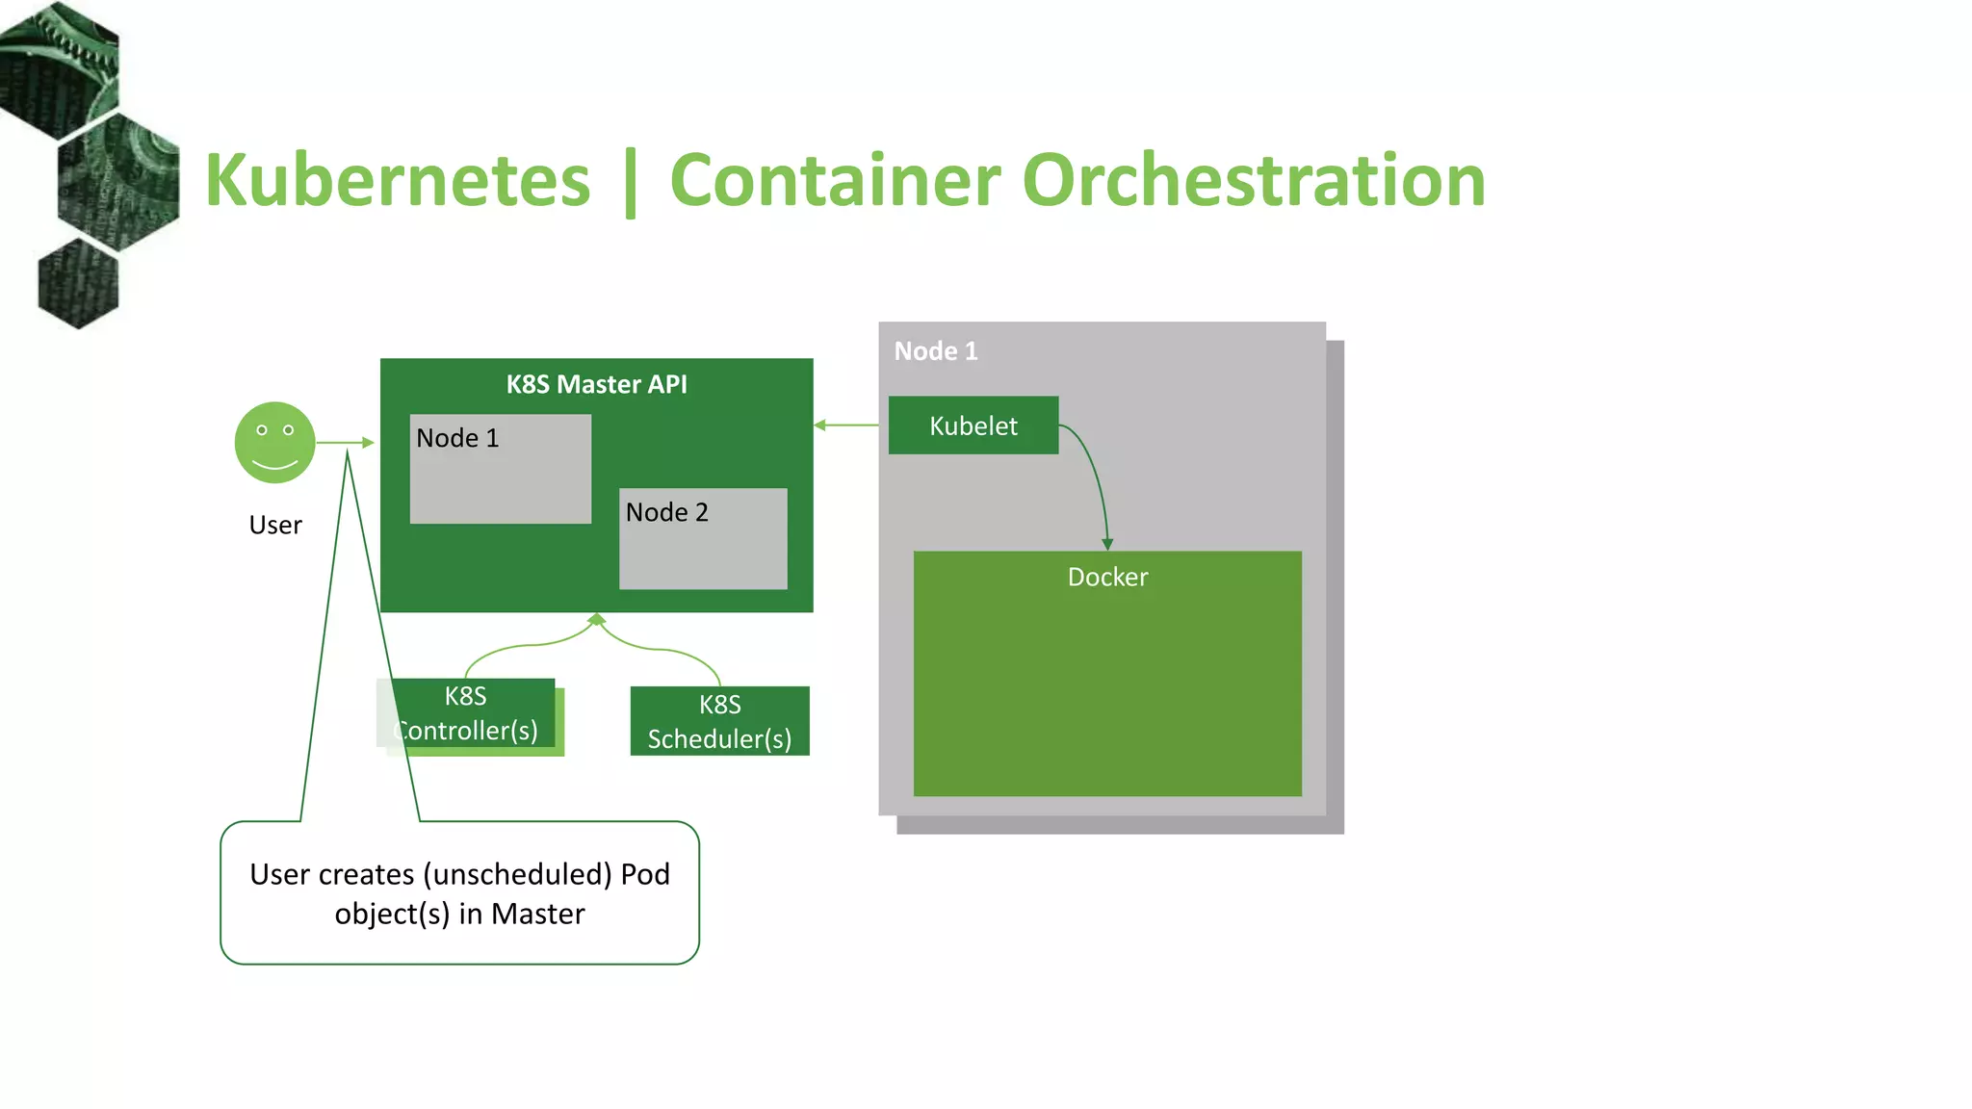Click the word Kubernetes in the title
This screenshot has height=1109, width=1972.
[397, 181]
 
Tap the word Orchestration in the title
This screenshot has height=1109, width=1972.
[1253, 181]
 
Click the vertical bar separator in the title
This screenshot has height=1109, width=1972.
[631, 183]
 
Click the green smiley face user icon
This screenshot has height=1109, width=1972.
[275, 443]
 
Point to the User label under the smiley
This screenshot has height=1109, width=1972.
[275, 525]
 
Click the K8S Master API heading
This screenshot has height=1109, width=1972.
[596, 384]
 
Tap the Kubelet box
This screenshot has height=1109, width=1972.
[973, 426]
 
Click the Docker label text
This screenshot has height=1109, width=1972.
[1107, 577]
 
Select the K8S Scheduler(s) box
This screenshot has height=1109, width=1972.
[719, 721]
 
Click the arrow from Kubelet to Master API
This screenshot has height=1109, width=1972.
[847, 425]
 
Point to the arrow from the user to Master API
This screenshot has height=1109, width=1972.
[345, 443]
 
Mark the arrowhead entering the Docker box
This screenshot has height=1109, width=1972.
[1107, 545]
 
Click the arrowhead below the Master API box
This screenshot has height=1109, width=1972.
[597, 619]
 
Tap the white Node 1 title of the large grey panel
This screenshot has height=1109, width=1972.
[935, 351]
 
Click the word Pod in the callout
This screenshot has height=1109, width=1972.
[645, 874]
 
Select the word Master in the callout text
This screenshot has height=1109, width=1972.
[537, 914]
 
